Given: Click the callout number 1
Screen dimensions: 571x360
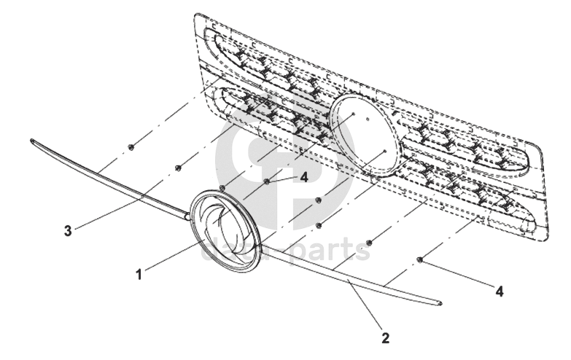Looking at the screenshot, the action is [x=138, y=275].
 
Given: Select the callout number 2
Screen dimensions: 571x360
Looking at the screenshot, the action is [x=384, y=337].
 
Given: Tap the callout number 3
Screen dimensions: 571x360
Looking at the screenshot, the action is [x=67, y=231].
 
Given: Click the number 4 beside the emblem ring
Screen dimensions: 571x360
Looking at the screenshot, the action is [x=304, y=176].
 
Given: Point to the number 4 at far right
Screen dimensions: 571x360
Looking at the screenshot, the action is [x=499, y=291].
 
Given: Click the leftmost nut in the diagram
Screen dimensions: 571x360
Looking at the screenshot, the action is [x=130, y=147].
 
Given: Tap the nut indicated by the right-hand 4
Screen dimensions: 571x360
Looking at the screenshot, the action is [x=420, y=259].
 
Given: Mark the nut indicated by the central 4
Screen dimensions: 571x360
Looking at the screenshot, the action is [x=268, y=181].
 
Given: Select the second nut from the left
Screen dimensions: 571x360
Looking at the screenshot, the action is [x=178, y=168].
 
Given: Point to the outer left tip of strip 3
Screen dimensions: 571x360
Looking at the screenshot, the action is [x=33, y=140].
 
